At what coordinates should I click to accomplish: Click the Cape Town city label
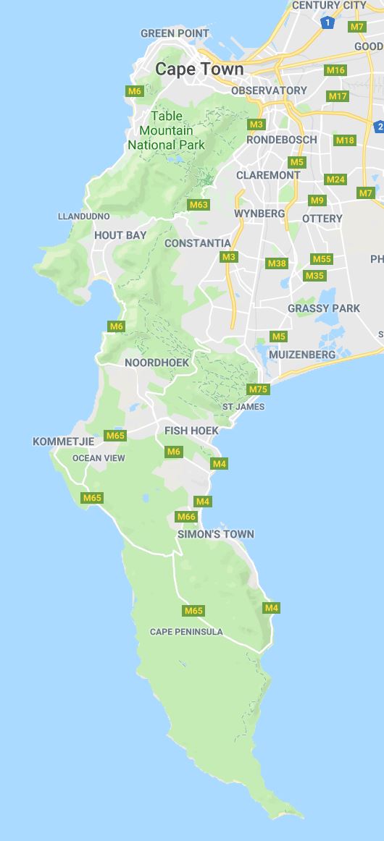point(199,69)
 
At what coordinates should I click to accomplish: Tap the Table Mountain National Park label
point(167,130)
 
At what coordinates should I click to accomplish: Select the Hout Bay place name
point(120,235)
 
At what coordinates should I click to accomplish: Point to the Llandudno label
point(84,216)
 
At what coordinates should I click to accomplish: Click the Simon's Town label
point(216,534)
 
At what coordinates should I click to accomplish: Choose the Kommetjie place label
point(63,441)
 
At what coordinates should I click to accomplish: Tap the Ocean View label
point(99,458)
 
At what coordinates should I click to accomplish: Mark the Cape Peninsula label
point(186,632)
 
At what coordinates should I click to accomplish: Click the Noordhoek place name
point(156,363)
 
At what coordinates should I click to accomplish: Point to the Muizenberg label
point(302,355)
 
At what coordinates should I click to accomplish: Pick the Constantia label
point(198,243)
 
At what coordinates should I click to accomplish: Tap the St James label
point(243,407)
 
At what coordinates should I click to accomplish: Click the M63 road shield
point(199,205)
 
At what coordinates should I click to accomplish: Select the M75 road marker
point(258,389)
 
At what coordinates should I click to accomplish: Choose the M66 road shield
point(186,517)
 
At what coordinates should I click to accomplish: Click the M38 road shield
point(277,263)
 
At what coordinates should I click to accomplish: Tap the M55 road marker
point(322,259)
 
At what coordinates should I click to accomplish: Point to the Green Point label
point(175,33)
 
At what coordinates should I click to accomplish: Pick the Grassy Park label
point(324,308)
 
